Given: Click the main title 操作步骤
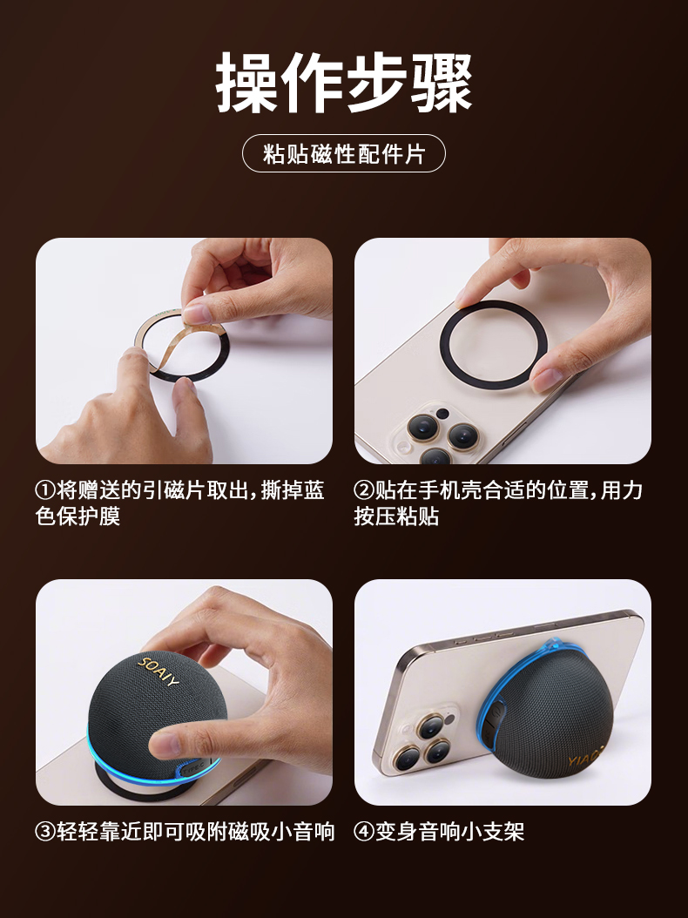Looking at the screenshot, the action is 344,82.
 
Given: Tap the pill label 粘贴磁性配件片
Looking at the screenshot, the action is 344,154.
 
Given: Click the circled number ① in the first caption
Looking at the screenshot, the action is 45,490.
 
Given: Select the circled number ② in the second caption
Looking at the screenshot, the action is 364,490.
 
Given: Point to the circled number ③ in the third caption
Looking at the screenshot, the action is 45,832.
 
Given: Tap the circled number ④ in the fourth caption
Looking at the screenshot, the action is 364,832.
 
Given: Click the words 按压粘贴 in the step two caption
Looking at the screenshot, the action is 396,516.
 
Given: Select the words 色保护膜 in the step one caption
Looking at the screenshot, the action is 78,516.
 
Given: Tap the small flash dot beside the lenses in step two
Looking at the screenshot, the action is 442,414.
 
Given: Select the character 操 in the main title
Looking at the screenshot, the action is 247,82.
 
